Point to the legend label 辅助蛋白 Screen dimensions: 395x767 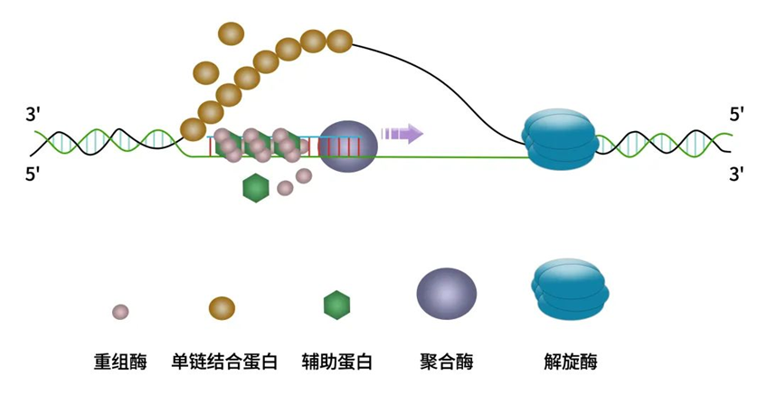[336, 362]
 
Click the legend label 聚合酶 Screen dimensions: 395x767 [446, 362]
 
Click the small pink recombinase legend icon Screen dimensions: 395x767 [119, 312]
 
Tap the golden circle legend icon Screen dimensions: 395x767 [222, 307]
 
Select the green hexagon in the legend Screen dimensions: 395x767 [336, 306]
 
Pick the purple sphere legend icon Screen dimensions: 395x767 [446, 295]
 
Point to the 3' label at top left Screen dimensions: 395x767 [33, 115]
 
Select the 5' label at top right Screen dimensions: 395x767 [736, 115]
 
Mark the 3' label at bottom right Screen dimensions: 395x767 [736, 173]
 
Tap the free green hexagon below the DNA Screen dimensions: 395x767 [256, 188]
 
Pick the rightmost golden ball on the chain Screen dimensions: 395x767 [338, 41]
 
